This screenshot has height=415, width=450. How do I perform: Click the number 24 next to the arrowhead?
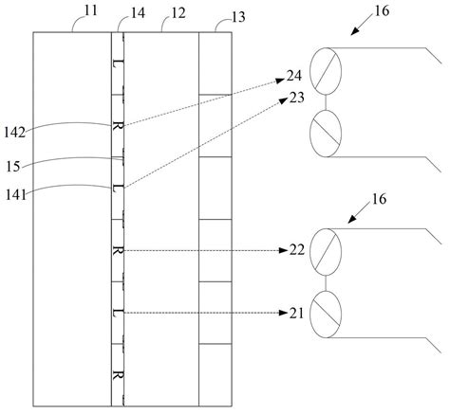(x=295, y=75)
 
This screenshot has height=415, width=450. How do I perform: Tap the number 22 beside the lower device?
(x=297, y=250)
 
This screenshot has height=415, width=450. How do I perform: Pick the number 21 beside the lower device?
(x=297, y=312)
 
